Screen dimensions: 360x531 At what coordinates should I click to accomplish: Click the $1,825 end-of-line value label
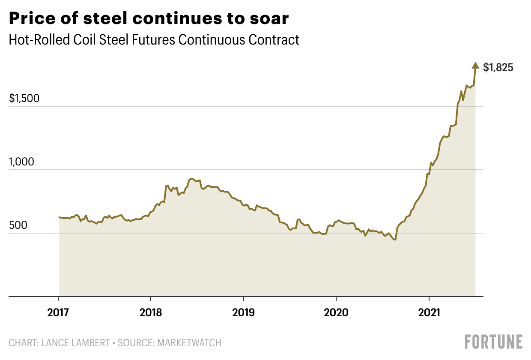pyautogui.click(x=498, y=68)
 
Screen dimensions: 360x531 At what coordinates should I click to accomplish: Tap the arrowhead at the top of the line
pyautogui.click(x=475, y=65)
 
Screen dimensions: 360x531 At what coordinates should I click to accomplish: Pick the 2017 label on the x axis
pyautogui.click(x=58, y=312)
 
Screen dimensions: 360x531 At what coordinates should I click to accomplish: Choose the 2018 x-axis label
pyautogui.click(x=151, y=312)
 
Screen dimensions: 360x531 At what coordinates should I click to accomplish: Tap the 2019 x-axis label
pyautogui.click(x=243, y=312)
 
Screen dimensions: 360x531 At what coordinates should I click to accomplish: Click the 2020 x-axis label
pyautogui.click(x=336, y=312)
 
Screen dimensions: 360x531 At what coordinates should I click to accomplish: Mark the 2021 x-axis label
pyautogui.click(x=429, y=312)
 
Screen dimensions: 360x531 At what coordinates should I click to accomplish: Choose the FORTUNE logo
pyautogui.click(x=494, y=342)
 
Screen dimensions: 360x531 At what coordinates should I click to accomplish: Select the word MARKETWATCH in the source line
pyautogui.click(x=189, y=343)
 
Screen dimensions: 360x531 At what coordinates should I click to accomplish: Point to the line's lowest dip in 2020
pyautogui.click(x=395, y=240)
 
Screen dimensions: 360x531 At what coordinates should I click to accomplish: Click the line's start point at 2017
pyautogui.click(x=59, y=217)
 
